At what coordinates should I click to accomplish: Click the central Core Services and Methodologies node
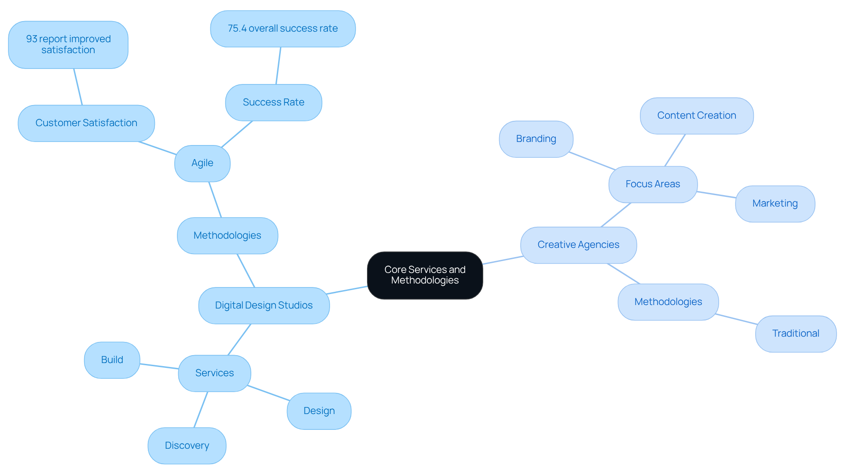pos(425,275)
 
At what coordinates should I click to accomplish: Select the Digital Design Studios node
pos(264,305)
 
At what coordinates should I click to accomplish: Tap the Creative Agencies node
pos(578,245)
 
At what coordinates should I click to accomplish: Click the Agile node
pos(202,163)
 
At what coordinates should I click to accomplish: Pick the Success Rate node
pos(273,102)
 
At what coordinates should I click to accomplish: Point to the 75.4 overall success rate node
pos(283,29)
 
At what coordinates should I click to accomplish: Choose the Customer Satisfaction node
pos(86,123)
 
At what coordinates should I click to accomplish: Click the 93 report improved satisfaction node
pos(68,44)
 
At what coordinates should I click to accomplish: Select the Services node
pos(214,373)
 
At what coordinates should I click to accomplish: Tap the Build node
pos(112,360)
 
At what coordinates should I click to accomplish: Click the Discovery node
pos(187,446)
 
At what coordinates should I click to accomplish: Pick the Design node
pos(319,411)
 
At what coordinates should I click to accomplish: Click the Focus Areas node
pos(653,184)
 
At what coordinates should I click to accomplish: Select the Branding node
pos(536,139)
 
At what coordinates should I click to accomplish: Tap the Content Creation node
pos(696,116)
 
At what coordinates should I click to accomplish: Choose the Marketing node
pos(775,203)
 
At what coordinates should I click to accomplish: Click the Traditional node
pos(795,334)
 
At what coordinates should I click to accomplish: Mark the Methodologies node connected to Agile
pos(227,236)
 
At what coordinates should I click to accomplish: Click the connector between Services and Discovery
pos(201,409)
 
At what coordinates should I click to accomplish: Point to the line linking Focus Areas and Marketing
pos(716,195)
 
